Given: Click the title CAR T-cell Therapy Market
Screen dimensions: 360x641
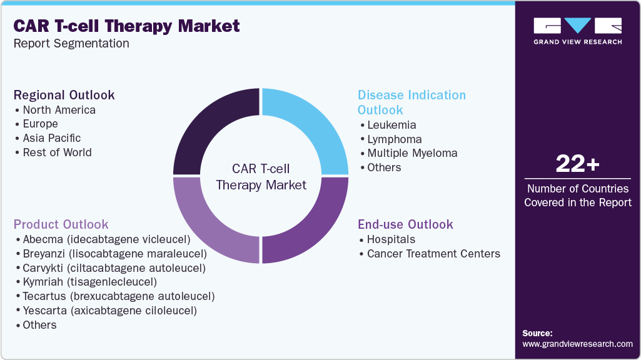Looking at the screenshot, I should [x=126, y=26].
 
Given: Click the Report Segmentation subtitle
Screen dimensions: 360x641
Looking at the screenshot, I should [x=71, y=44].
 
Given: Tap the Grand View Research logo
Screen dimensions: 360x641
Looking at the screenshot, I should [x=577, y=30].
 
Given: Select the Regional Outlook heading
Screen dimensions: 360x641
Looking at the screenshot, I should [x=64, y=95].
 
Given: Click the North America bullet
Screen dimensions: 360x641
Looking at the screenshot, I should [x=59, y=110].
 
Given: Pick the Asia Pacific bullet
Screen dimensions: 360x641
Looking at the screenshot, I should [x=51, y=138].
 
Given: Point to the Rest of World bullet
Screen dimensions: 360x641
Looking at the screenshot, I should [x=57, y=152].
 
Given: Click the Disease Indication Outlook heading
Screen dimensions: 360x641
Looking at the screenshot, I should [x=411, y=102].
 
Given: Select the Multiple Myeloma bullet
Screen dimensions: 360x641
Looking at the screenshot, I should [x=411, y=153].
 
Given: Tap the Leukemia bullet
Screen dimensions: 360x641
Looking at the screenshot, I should [x=391, y=125].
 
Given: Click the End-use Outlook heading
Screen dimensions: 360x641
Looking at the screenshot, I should [x=405, y=224].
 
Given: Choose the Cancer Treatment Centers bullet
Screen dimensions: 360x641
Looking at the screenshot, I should [x=433, y=254].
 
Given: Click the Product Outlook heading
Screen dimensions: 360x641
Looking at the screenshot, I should [x=61, y=224].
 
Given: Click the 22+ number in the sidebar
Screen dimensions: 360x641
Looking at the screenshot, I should [x=577, y=164].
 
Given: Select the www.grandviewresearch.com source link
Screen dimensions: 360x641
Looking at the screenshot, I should [x=577, y=344].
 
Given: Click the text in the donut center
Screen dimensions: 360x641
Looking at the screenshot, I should [x=261, y=176].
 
